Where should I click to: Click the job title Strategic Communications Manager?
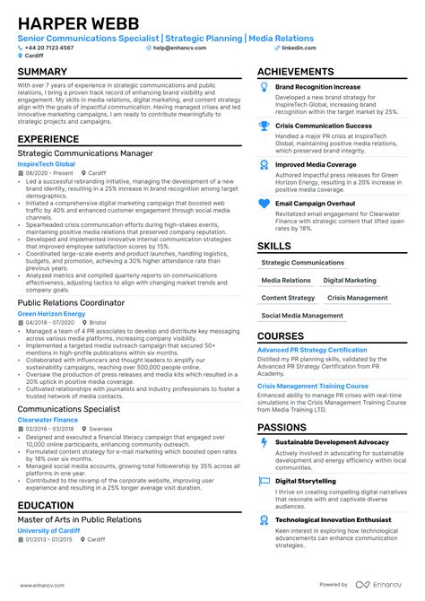[x=84, y=153]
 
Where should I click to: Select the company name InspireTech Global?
[x=47, y=164]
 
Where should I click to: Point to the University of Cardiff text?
[x=48, y=530]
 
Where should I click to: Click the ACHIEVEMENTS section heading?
[x=301, y=71]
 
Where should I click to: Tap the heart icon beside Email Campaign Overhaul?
[x=264, y=204]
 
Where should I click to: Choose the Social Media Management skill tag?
[x=302, y=316]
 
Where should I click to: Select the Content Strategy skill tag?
[x=288, y=298]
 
